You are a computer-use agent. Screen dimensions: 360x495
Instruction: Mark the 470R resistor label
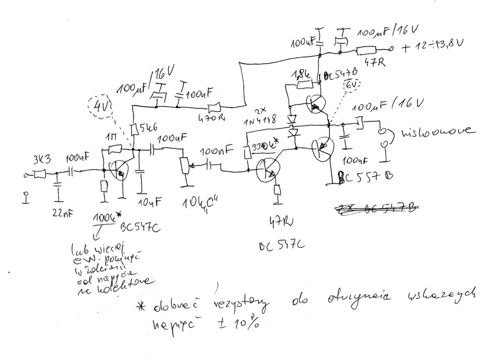(x=215, y=117)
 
